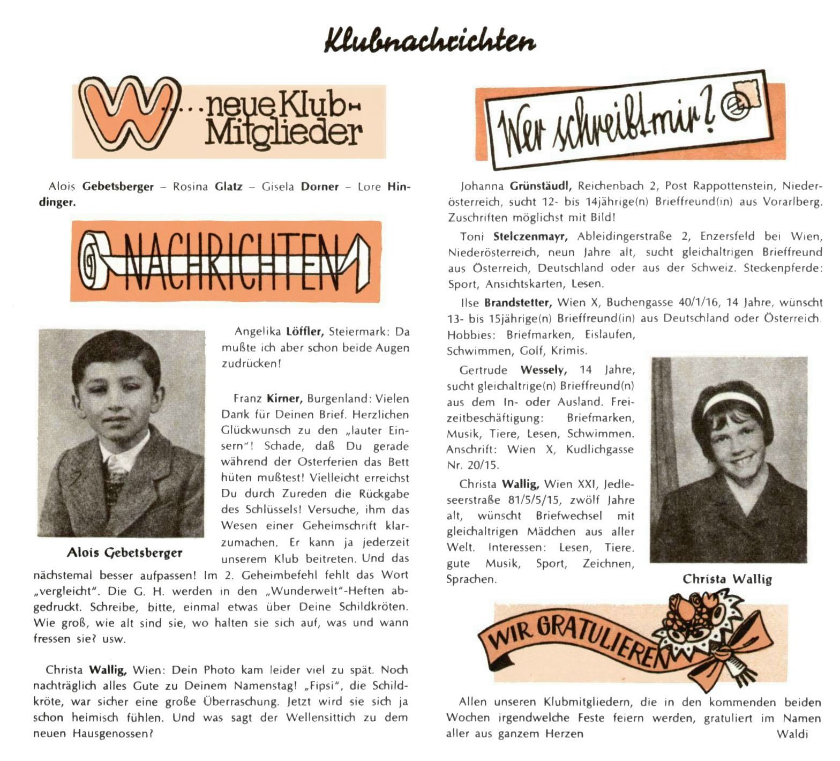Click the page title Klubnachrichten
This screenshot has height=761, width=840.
pos(430,40)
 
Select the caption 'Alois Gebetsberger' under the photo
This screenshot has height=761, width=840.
pos(125,553)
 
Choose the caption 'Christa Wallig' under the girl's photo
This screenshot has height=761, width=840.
pos(727,579)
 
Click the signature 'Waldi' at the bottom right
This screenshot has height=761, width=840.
pos(792,734)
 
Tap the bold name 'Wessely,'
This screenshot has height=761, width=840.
pos(543,370)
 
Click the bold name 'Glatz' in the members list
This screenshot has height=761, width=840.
pos(228,187)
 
